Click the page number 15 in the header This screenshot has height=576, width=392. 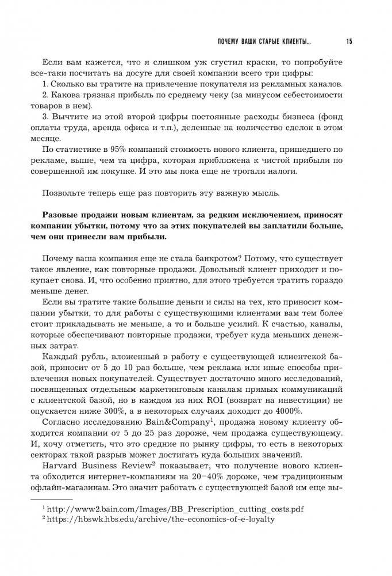pos(349,41)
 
